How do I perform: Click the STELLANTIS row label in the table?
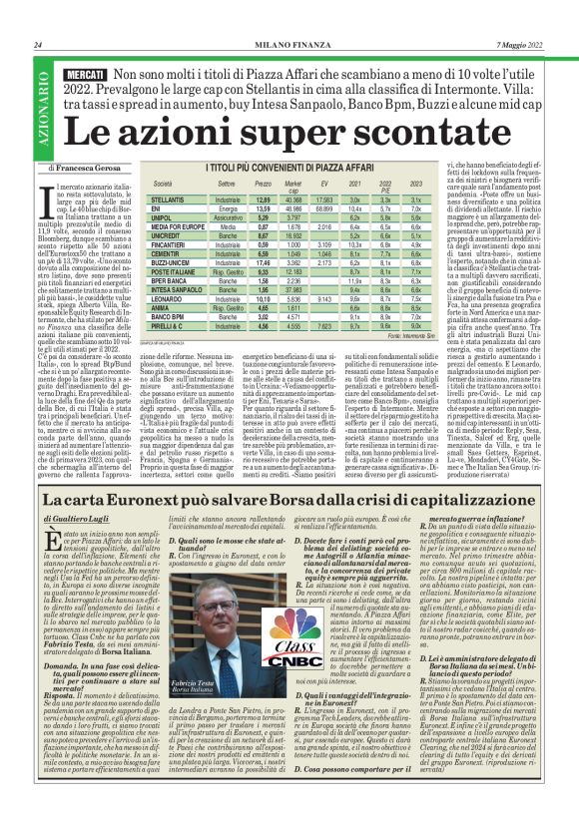[x=170, y=201]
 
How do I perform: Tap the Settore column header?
[x=227, y=186]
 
